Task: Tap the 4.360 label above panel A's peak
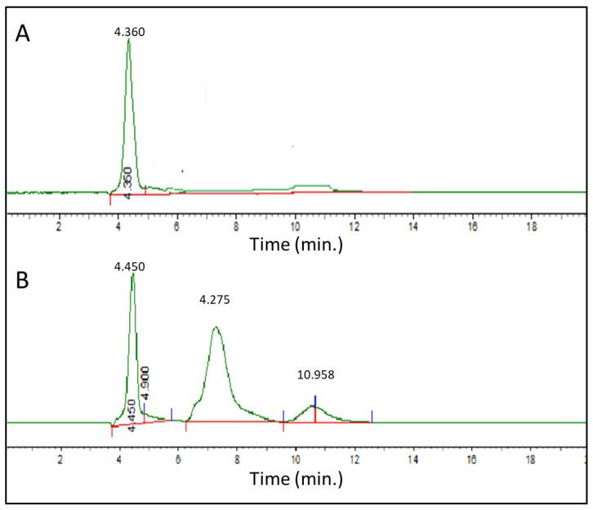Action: coord(130,31)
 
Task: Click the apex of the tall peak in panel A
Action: coord(129,40)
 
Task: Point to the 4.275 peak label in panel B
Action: coord(216,300)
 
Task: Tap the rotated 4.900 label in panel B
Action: coord(145,381)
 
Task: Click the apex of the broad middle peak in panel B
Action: coord(216,328)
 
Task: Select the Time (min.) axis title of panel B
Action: coord(296,477)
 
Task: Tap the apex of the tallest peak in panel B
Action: coord(132,275)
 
